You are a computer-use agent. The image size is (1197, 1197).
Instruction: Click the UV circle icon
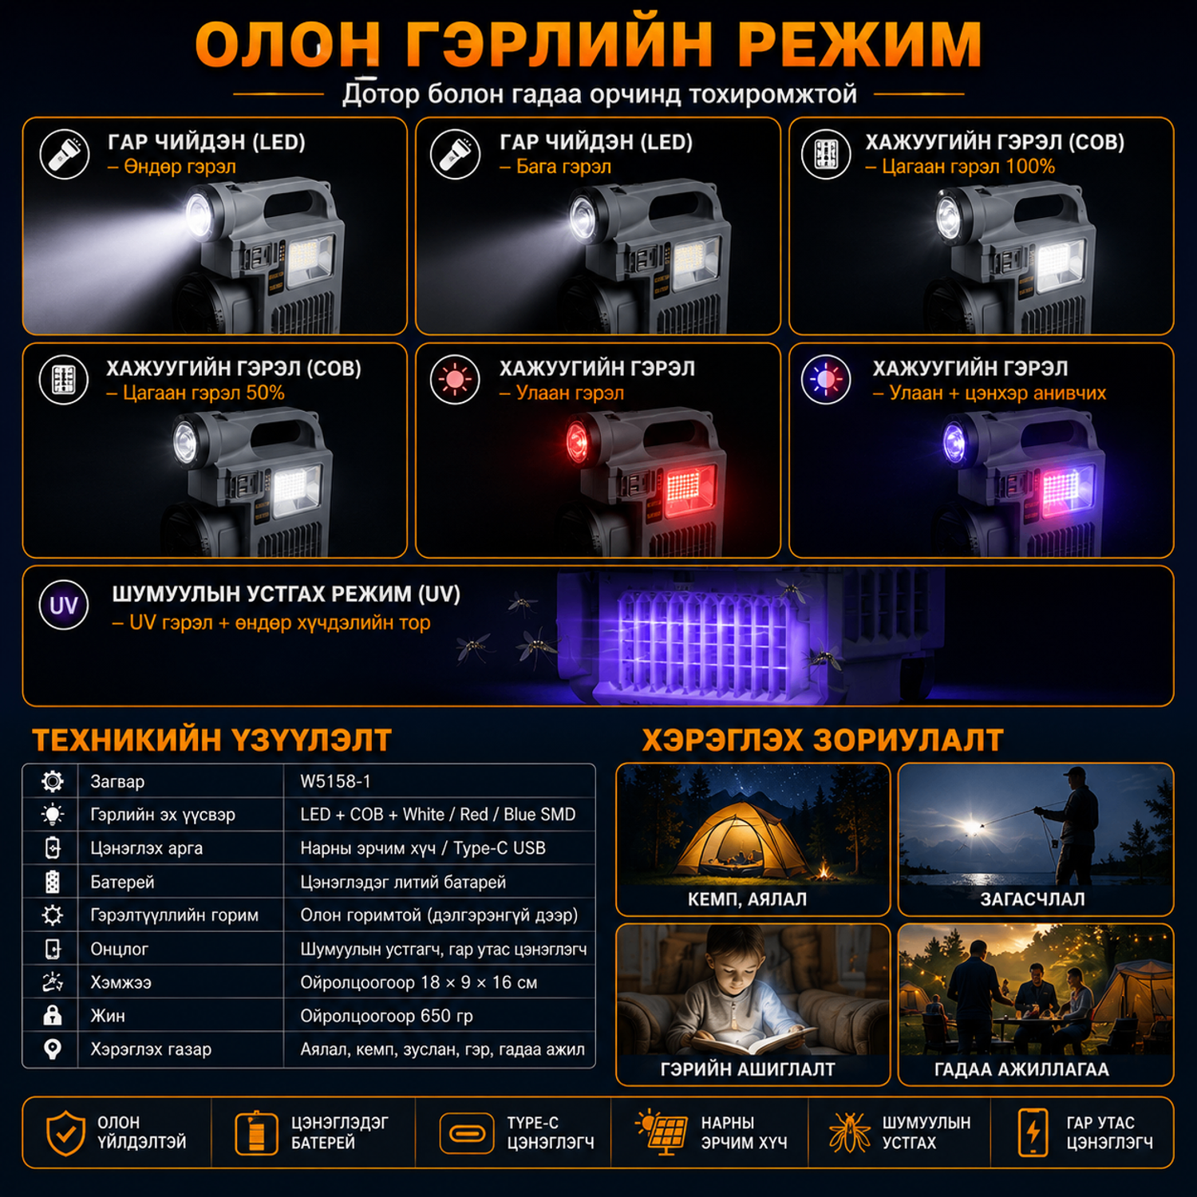pyautogui.click(x=64, y=606)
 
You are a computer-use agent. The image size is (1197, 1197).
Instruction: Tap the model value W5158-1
pyautogui.click(x=335, y=781)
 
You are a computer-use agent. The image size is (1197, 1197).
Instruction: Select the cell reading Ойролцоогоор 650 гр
pyautogui.click(x=386, y=1016)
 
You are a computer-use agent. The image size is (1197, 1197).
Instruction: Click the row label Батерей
pyautogui.click(x=122, y=882)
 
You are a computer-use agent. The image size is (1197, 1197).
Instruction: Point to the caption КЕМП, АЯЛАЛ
pyautogui.click(x=747, y=899)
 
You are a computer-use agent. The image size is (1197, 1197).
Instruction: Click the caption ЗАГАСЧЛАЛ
pyautogui.click(x=1033, y=899)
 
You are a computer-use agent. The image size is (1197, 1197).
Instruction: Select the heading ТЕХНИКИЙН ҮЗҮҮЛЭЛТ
pyautogui.click(x=211, y=740)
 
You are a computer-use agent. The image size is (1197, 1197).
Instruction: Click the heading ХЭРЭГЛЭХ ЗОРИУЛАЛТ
pyautogui.click(x=823, y=740)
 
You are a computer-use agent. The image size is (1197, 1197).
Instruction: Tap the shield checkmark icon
pyautogui.click(x=65, y=1133)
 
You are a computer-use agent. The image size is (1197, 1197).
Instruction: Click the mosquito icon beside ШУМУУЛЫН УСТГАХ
pyautogui.click(x=850, y=1132)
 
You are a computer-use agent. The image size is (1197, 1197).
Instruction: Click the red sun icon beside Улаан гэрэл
pyautogui.click(x=455, y=379)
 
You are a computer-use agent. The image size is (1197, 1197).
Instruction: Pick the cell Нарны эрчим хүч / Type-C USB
pyautogui.click(x=423, y=848)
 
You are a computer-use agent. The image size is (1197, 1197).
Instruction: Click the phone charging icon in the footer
pyautogui.click(x=1033, y=1132)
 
